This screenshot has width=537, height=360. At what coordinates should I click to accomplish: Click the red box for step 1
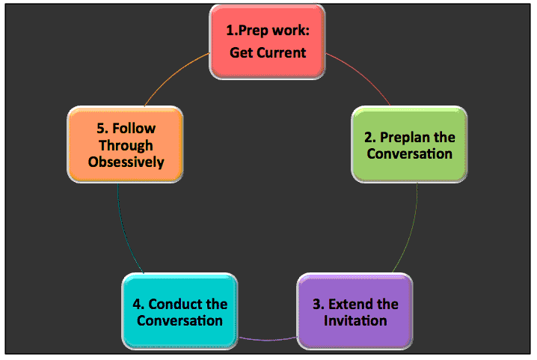(267, 42)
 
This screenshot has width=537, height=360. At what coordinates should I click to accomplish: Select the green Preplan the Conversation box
(409, 144)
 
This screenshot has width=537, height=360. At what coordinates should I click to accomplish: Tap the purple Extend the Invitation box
(355, 311)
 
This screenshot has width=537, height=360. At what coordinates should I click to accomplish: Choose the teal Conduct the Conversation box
(179, 311)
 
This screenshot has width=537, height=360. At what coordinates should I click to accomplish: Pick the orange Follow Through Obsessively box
(126, 144)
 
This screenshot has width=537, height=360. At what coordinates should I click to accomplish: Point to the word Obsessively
(126, 162)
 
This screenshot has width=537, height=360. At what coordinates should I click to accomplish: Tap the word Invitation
(355, 321)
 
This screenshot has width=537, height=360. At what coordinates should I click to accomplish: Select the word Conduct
(175, 304)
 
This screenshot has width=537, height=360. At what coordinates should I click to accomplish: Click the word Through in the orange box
(126, 146)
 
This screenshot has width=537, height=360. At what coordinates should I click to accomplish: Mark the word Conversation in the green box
(410, 154)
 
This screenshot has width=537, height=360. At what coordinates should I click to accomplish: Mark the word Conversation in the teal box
(179, 321)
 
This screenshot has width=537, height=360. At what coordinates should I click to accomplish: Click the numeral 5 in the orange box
(100, 129)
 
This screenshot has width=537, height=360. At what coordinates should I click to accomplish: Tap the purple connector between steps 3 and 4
(268, 340)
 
